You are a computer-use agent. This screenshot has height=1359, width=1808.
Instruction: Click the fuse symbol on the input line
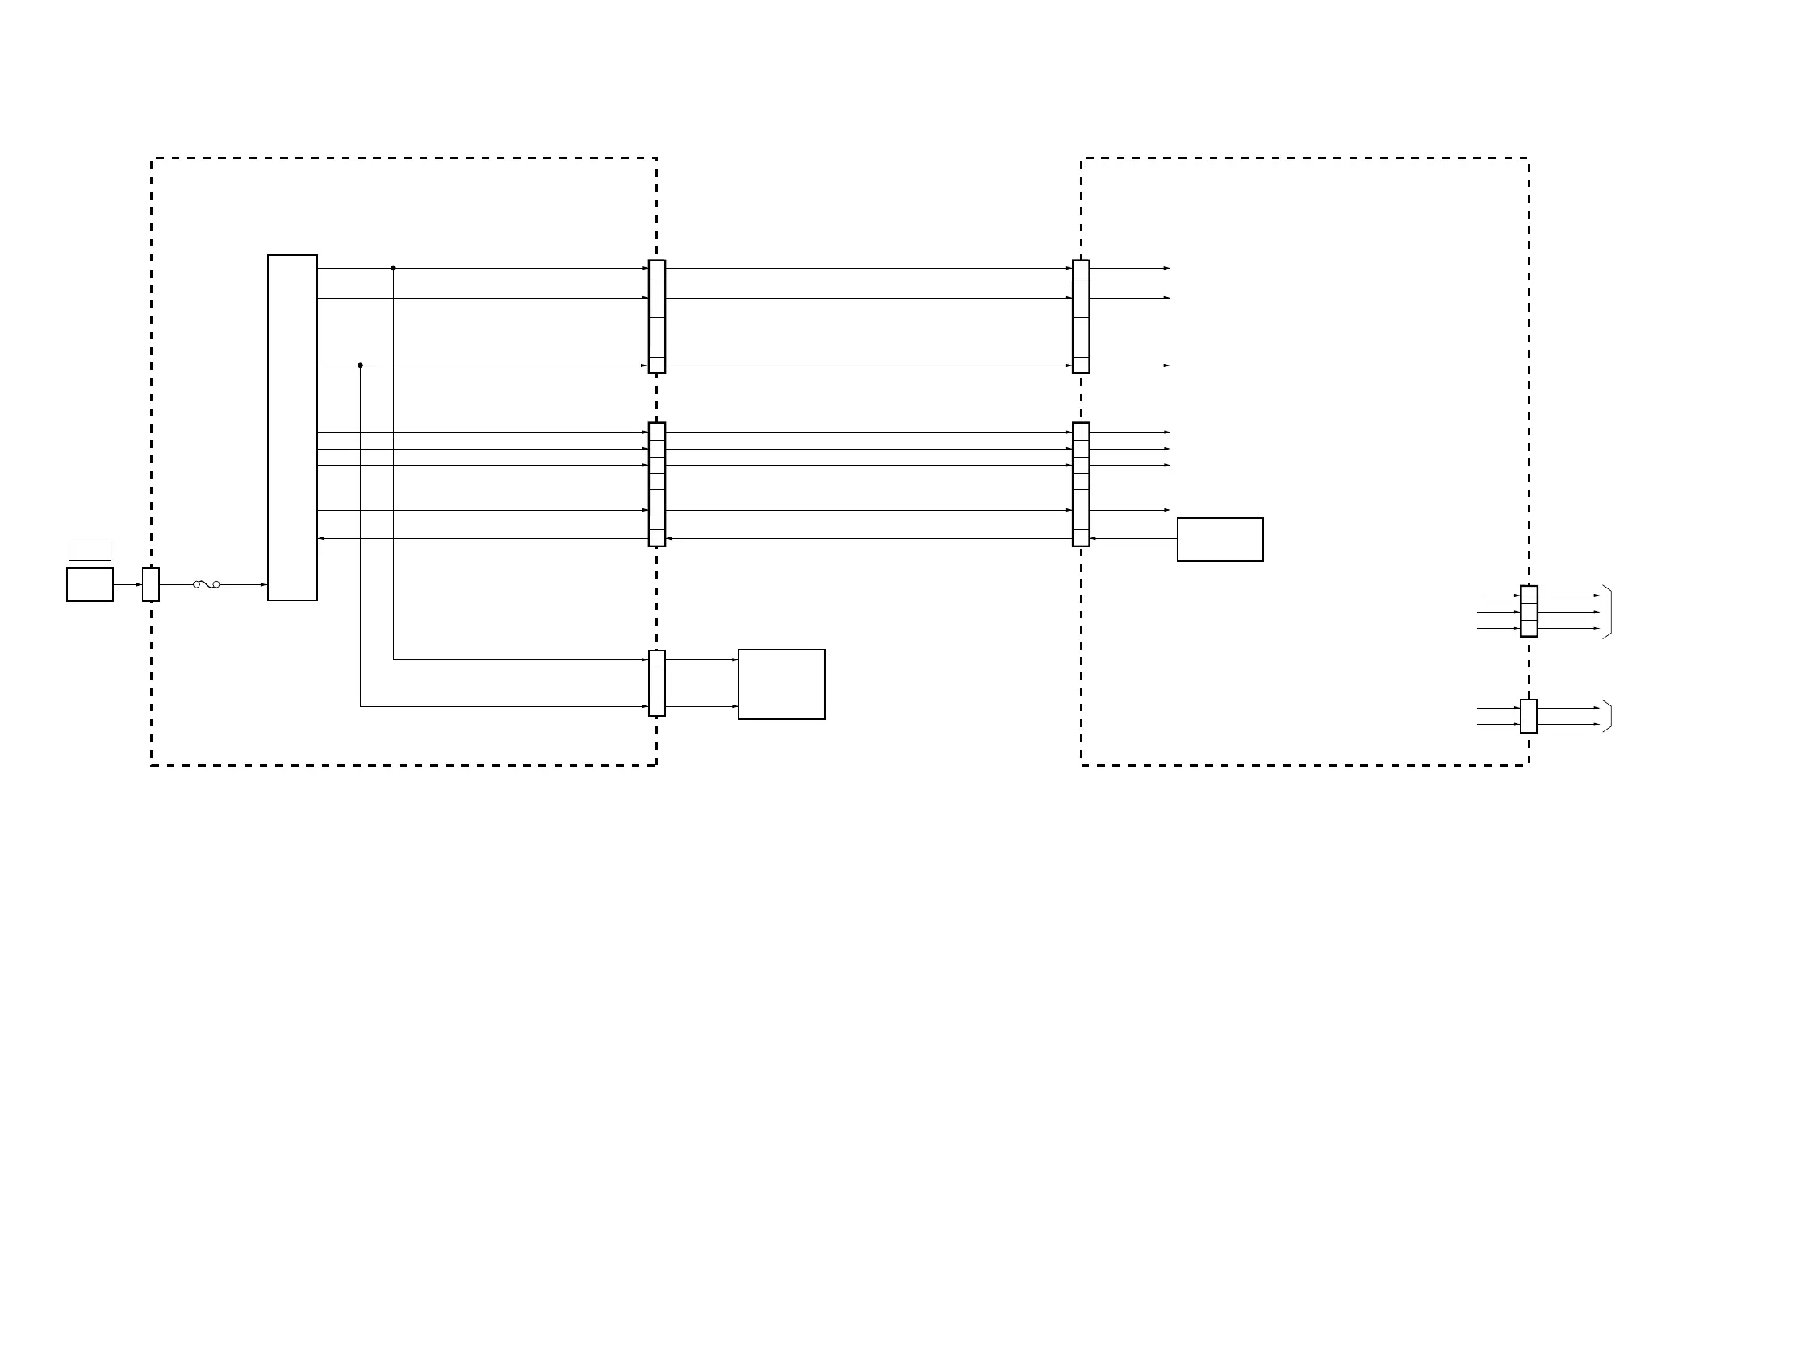[206, 584]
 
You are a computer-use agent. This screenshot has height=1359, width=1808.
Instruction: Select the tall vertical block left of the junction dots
[293, 428]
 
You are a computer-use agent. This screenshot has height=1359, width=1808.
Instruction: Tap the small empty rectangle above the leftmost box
[90, 551]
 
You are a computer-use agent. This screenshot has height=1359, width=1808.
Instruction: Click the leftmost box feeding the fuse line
[90, 584]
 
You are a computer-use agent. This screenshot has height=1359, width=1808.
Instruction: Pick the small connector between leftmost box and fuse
[150, 584]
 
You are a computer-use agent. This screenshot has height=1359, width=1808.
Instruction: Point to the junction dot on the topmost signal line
[393, 268]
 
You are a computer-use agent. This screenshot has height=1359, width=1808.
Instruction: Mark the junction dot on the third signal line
[361, 366]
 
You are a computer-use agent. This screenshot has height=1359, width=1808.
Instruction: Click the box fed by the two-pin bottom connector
[781, 684]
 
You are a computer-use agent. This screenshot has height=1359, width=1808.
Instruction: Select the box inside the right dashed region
[1220, 539]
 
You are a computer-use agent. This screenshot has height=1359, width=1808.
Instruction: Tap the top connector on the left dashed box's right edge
[656, 316]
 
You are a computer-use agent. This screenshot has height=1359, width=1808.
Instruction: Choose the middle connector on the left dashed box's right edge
[656, 483]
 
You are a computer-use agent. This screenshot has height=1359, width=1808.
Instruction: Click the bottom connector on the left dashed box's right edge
[656, 684]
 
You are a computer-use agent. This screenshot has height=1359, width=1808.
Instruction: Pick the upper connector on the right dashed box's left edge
[1081, 316]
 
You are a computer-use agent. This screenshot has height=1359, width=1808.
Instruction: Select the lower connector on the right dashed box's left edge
[1081, 483]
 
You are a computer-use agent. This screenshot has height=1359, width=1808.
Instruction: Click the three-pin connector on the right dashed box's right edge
[1529, 610]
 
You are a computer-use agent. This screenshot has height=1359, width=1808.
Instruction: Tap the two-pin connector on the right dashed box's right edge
[1529, 716]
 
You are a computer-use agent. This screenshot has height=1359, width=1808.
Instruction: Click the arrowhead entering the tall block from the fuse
[263, 584]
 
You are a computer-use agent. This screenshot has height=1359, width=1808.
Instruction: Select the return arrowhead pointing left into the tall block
[321, 538]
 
